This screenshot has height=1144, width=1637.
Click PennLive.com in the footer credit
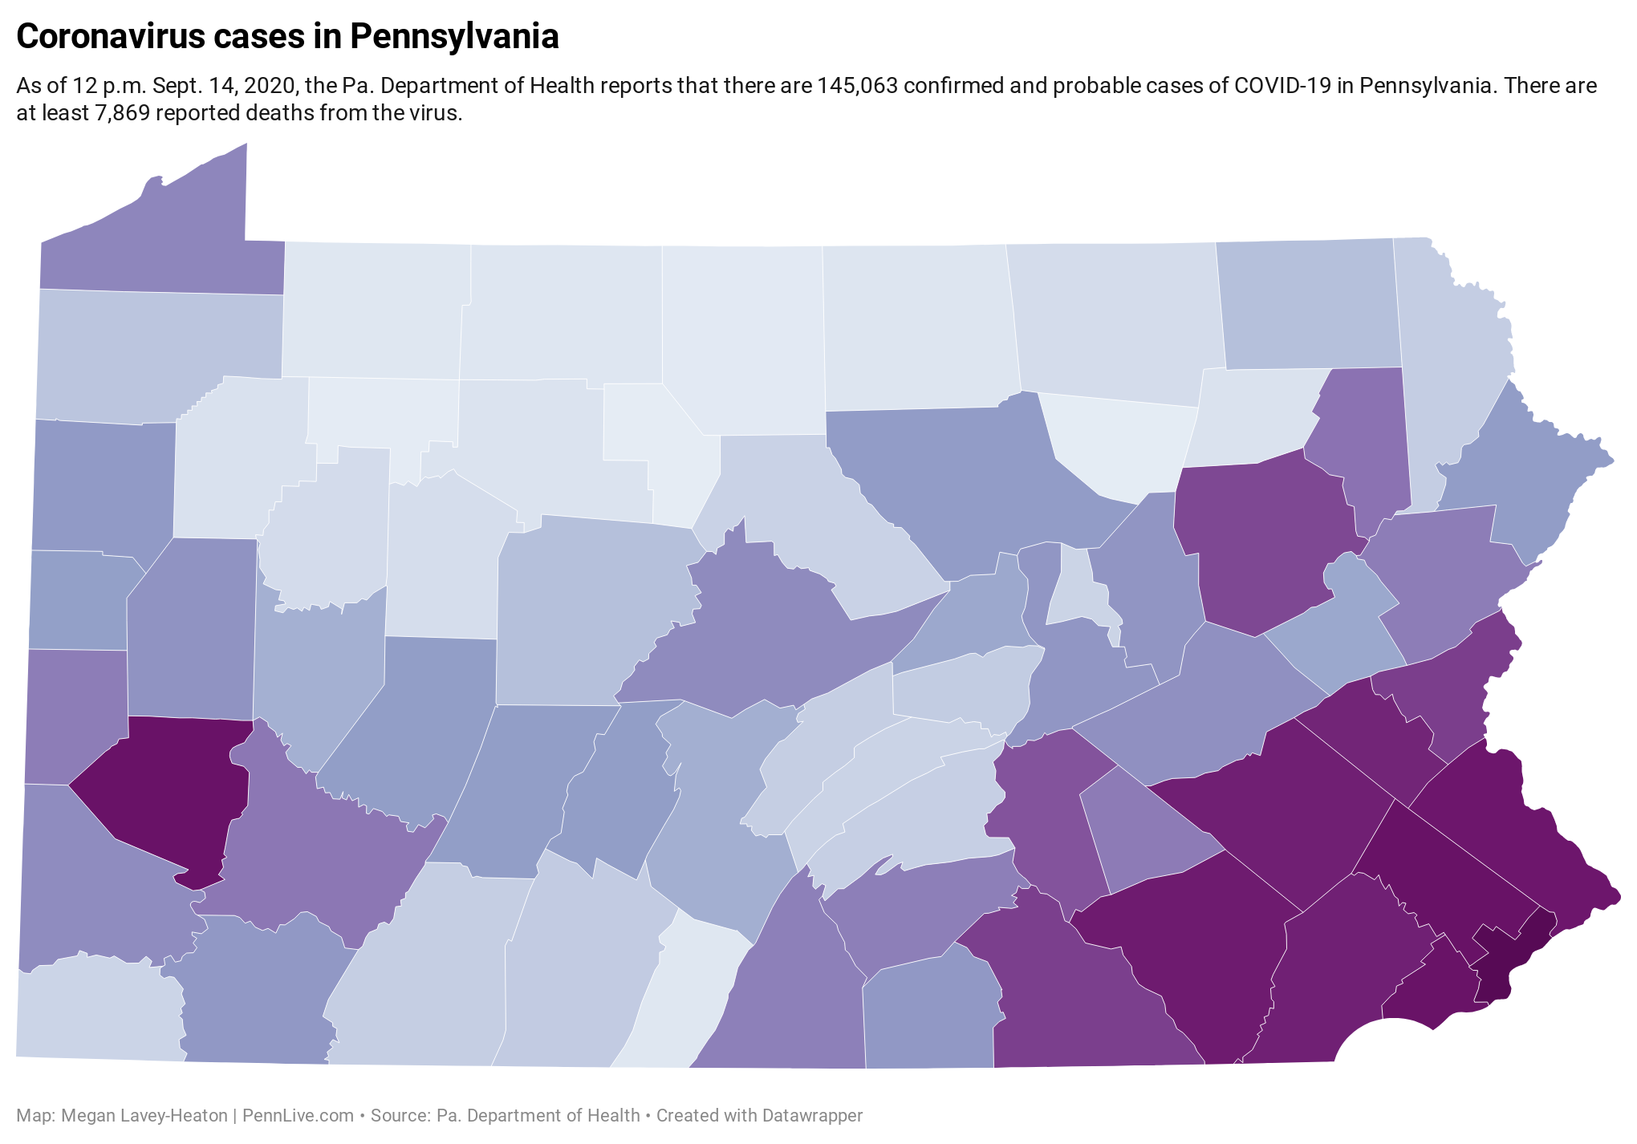[x=298, y=1116]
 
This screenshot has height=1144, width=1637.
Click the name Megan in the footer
[x=87, y=1116]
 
